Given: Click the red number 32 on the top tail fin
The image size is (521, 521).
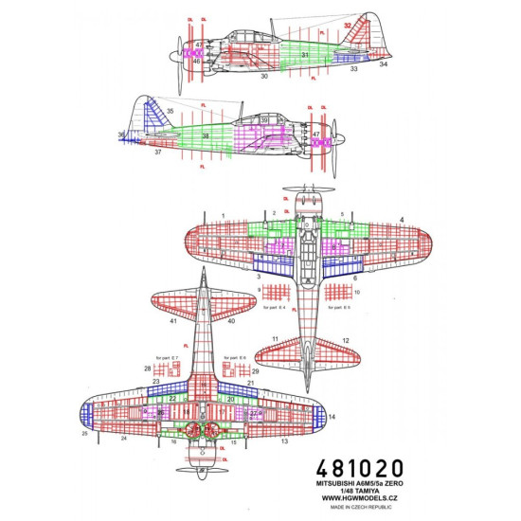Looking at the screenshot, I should [348, 26].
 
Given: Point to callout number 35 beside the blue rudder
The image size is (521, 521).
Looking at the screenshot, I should [170, 112].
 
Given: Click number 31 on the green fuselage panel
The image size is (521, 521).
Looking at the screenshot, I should [305, 56].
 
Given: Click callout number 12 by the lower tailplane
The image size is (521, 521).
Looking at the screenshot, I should [347, 340].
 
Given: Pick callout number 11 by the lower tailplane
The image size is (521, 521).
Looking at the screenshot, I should [274, 338].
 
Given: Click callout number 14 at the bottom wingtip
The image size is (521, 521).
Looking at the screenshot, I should [331, 417].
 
